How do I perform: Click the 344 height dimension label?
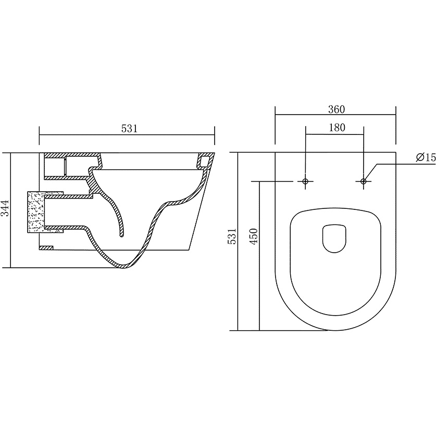6,207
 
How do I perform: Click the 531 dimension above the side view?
129,129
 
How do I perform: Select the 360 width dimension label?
337,109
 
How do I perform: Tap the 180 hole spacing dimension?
337,128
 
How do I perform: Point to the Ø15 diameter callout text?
426,157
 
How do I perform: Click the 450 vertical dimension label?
254,236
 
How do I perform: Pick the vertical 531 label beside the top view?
232,236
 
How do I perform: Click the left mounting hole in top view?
306,181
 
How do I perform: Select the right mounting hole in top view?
364,181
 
